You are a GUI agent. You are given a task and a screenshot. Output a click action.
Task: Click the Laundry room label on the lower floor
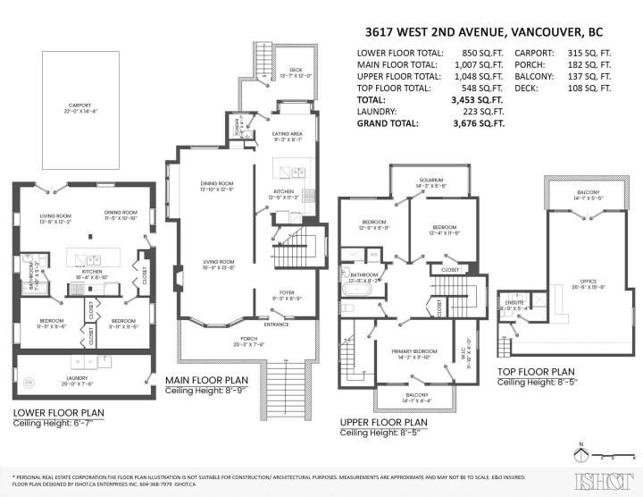pyautogui.click(x=77, y=380)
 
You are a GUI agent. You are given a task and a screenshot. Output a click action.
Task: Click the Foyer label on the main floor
pyautogui.click(x=287, y=292)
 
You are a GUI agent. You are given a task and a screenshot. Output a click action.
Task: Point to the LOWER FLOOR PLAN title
pyautogui.click(x=60, y=413)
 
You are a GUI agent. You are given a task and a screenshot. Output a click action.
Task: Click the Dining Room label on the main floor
pyautogui.click(x=217, y=186)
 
